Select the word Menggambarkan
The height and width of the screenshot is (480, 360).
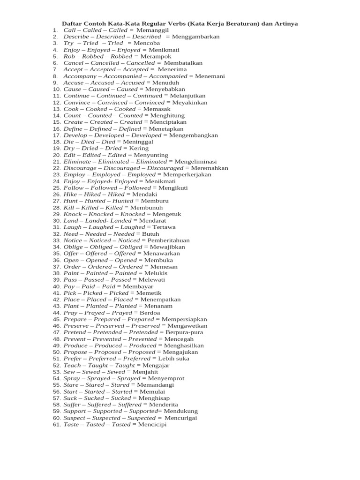click(196, 37)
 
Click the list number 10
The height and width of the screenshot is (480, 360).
click(56, 89)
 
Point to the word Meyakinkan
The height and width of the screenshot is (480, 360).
click(190, 102)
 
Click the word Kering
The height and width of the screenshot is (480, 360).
click(139, 148)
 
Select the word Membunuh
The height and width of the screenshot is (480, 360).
click(146, 207)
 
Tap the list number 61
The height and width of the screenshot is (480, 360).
click(56, 424)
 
